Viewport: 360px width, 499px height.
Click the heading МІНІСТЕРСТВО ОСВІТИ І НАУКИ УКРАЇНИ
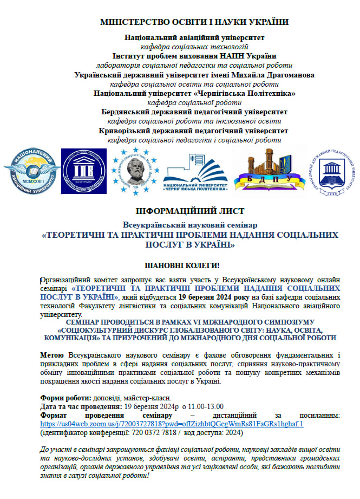[x=194, y=22]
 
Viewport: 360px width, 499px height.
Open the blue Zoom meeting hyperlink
[x=172, y=424]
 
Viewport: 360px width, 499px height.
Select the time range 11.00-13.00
[x=201, y=406]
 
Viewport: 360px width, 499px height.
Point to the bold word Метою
[x=52, y=354]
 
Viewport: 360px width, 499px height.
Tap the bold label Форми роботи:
[x=66, y=398]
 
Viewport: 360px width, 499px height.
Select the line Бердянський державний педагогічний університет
[x=194, y=112]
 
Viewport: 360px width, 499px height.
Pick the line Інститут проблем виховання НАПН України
[x=194, y=56]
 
